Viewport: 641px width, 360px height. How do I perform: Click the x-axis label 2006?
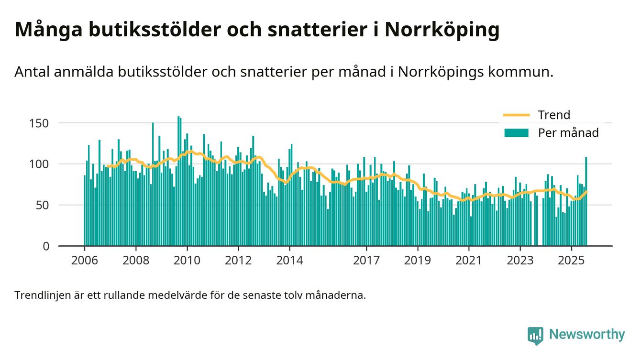[84, 261]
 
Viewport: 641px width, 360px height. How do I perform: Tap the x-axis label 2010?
[187, 261]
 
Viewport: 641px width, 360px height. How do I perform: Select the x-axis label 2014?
[289, 261]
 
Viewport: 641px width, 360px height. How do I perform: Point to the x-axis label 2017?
[366, 261]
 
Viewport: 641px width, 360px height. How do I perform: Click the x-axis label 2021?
[469, 261]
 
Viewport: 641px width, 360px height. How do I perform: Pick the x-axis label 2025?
[571, 261]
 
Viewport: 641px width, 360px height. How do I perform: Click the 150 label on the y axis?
[39, 123]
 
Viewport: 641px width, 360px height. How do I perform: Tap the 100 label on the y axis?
[39, 164]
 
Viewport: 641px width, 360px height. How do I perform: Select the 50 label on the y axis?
[43, 205]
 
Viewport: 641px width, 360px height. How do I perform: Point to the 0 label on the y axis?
[46, 246]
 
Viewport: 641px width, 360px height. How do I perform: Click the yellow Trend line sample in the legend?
[517, 115]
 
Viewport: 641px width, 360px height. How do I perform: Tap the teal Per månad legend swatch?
[517, 133]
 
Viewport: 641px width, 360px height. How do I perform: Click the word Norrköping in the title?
[442, 30]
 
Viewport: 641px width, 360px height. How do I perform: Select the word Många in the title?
[49, 30]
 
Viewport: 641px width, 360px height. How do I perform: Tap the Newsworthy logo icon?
[535, 336]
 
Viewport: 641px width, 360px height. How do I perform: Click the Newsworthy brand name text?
[587, 335]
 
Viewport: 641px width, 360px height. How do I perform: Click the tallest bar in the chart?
[178, 181]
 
